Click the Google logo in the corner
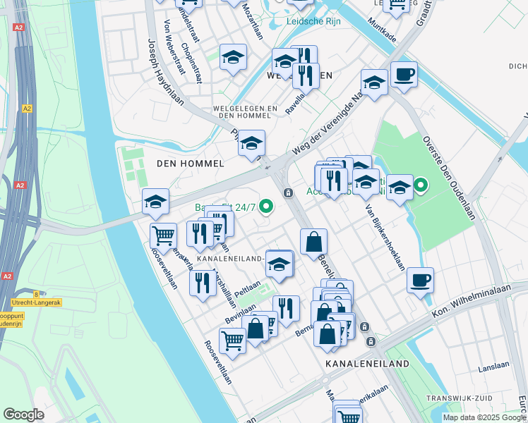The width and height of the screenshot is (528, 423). pos(24,415)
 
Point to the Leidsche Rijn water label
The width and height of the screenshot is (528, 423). pos(313,21)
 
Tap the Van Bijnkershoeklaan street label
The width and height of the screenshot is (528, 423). pos(385,237)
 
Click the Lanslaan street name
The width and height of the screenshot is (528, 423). pos(493,367)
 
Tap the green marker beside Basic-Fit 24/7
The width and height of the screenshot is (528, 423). pos(266,207)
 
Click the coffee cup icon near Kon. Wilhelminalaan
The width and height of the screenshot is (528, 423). pos(421,281)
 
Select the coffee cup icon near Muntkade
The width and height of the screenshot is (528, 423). pos(404,75)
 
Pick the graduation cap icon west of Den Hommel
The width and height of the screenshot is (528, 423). pos(155,202)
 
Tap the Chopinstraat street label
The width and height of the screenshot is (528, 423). pos(192,62)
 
